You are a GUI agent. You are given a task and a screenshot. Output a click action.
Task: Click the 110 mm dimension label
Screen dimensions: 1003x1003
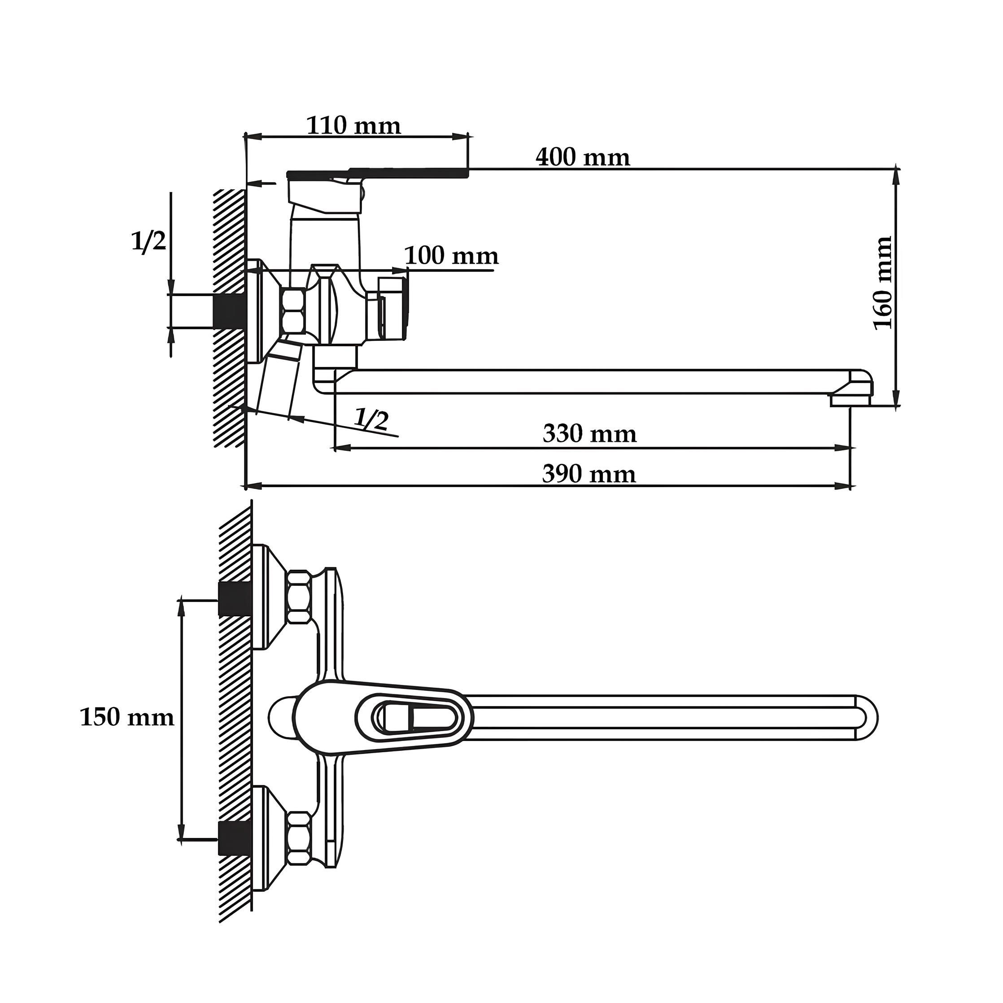353,126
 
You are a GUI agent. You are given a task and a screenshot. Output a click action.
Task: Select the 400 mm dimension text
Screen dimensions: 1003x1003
583,157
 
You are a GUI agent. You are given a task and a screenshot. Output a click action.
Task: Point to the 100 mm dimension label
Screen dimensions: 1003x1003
451,256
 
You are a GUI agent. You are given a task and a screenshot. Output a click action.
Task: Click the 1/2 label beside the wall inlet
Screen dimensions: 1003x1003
148,241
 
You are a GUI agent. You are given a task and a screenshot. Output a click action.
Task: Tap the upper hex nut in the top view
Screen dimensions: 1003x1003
300,596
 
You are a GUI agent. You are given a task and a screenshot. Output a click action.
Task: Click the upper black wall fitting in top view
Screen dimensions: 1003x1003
234,598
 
